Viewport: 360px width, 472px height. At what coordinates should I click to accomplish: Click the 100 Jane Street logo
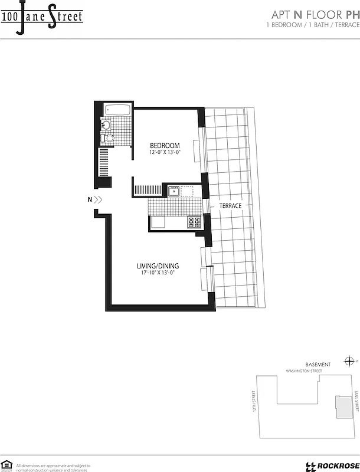click(x=41, y=17)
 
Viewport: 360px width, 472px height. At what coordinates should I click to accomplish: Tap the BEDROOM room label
click(x=164, y=146)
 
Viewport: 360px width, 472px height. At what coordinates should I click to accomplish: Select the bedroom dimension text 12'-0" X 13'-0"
click(x=164, y=153)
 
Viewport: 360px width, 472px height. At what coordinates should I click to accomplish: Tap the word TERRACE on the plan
click(x=230, y=206)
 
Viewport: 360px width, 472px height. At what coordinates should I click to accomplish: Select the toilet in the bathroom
click(x=104, y=137)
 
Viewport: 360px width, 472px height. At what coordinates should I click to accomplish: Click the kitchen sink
click(x=174, y=191)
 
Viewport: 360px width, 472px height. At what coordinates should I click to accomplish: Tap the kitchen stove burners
click(x=194, y=222)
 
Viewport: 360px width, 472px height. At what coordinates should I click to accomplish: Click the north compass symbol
click(x=349, y=361)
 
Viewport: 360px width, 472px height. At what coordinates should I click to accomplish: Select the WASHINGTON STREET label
click(x=304, y=371)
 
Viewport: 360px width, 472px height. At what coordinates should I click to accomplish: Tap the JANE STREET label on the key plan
click(x=355, y=404)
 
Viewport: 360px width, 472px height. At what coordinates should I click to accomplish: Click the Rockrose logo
click(x=327, y=466)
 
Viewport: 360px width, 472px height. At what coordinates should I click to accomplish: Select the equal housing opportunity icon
click(x=7, y=465)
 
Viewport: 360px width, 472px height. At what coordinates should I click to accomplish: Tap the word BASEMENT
click(x=318, y=365)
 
